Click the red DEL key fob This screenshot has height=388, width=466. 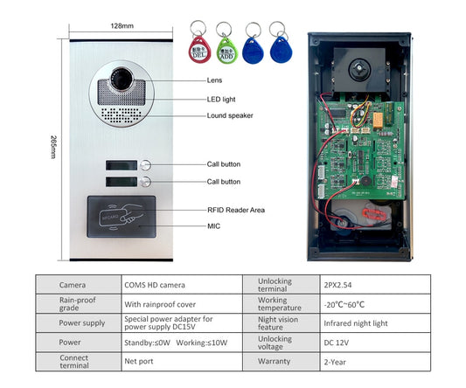(198, 51)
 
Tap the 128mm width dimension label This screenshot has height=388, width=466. (122, 27)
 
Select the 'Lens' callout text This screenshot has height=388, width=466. (215, 80)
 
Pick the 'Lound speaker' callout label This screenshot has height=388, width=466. (230, 115)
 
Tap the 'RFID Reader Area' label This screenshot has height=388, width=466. (235, 210)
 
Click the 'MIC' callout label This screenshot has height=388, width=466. (214, 225)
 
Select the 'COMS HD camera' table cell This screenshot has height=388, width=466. (155, 285)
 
